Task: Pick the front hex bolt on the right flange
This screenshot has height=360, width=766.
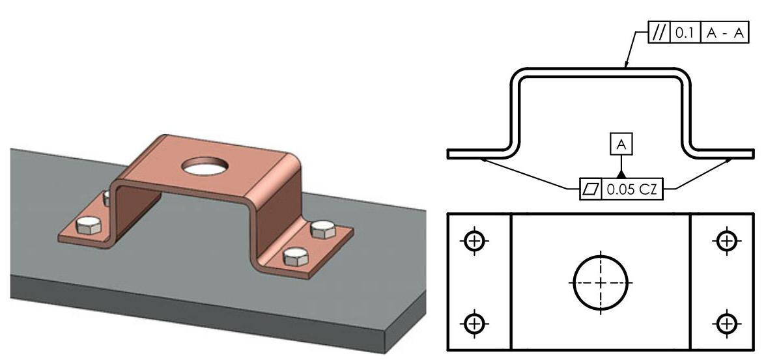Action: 296,256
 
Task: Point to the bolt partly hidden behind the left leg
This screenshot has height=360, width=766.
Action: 106,197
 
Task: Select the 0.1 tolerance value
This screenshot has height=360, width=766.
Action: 686,33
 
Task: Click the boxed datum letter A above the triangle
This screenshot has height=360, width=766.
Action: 621,145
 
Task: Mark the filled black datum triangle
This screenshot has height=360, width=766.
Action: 621,173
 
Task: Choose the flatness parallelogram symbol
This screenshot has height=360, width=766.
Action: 591,189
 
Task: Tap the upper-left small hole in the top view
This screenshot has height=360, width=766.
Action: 475,241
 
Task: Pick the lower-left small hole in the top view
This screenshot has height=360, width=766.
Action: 475,322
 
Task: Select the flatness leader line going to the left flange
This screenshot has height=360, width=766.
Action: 528,173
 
